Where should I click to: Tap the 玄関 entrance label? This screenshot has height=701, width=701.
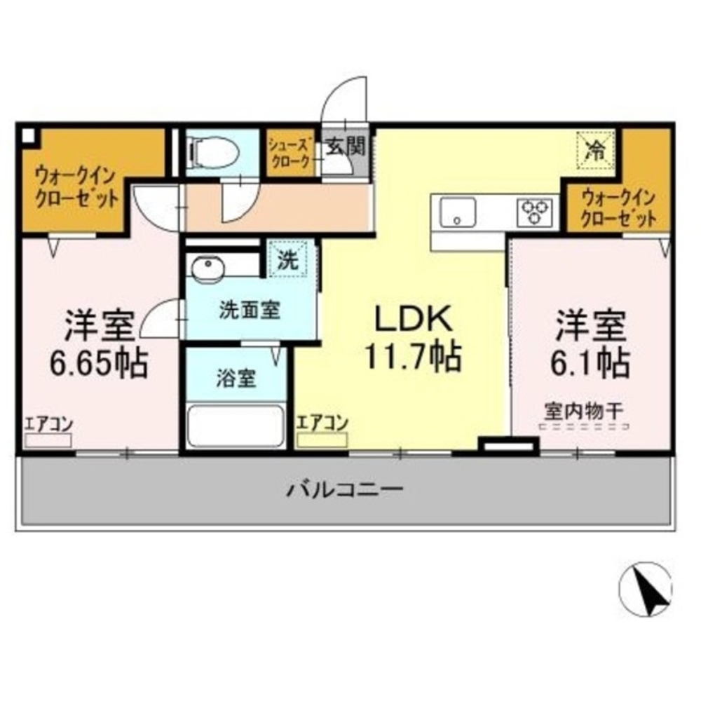346,147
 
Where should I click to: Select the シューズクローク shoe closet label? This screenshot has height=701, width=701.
290,153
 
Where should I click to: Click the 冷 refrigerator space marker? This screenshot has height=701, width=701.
596,151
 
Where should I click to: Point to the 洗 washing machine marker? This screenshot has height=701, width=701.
288,260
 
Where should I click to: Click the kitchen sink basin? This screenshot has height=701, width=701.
457,212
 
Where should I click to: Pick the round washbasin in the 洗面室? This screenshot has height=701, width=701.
208,269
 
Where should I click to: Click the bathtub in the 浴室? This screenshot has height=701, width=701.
236,426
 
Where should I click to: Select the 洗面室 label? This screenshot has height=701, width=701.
250,311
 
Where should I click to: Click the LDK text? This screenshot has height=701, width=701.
414,319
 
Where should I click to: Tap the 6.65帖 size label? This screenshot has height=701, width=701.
98,362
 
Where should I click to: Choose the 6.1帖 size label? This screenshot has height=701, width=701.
590,362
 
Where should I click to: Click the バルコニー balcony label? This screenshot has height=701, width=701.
345,489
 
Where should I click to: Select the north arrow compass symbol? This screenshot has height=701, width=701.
646,588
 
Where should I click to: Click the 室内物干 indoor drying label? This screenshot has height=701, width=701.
583,411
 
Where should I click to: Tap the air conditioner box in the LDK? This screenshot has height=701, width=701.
322,440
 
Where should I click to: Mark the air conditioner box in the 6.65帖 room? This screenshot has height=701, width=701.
48,440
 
